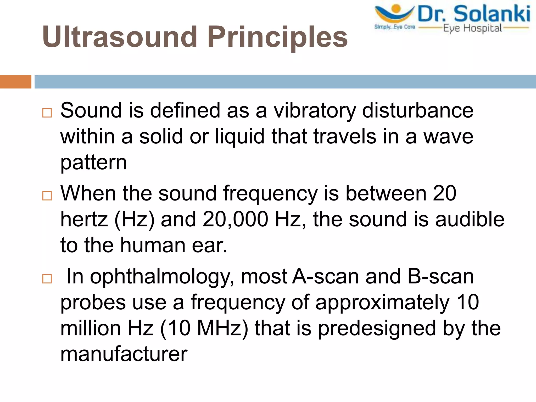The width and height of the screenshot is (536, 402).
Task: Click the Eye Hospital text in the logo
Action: click(472, 28)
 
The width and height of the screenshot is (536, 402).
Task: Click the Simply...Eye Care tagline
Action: click(395, 27)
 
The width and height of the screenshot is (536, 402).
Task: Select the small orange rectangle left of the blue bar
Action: click(15, 82)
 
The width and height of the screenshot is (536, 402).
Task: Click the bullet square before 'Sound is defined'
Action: click(47, 113)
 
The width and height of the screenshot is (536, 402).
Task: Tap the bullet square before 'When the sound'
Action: click(47, 196)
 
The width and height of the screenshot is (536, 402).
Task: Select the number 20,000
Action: click(235, 219)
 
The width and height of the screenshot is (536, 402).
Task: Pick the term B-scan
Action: click(441, 276)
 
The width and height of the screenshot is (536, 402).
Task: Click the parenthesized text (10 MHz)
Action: click(204, 328)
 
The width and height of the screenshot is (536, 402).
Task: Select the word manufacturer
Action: click(124, 354)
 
